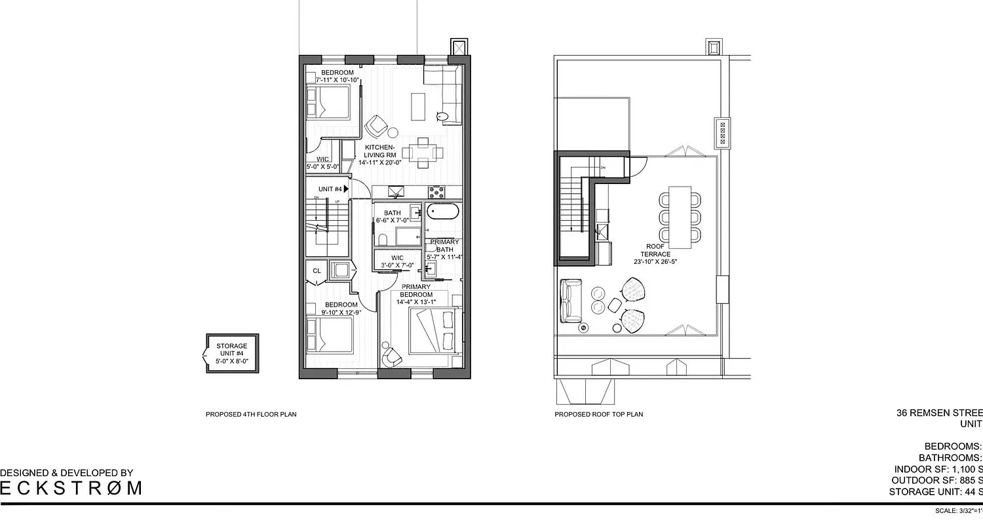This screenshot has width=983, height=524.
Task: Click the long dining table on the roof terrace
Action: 680,217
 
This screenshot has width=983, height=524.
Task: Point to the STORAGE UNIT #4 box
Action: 231,354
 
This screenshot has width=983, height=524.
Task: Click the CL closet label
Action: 317,271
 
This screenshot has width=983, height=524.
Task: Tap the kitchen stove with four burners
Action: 436,192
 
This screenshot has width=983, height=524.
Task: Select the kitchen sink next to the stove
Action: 398,192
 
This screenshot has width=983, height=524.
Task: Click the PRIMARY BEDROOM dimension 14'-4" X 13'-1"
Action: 416,302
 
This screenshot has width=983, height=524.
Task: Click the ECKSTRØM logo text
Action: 71,488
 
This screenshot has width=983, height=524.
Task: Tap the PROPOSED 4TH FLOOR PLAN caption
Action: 251,415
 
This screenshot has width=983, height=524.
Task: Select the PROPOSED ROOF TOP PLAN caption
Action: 599,415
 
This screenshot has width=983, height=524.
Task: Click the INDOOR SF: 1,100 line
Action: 938,470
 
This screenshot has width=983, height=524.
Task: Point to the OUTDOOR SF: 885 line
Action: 938,481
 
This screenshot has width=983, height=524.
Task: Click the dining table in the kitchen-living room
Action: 417,152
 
